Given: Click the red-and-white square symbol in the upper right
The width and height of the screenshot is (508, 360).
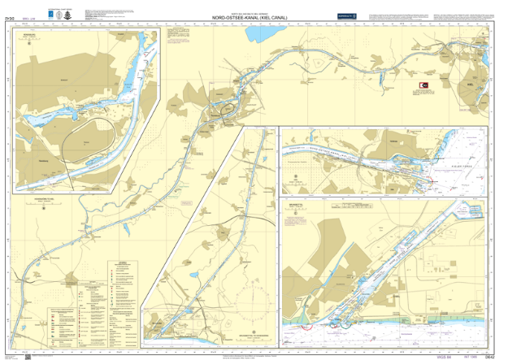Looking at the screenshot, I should pyautogui.click(x=423, y=83).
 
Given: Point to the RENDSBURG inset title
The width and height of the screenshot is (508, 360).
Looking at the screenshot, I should pyautogui.click(x=29, y=36).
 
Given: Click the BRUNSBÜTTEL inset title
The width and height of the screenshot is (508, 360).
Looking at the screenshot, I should pyautogui.click(x=295, y=206).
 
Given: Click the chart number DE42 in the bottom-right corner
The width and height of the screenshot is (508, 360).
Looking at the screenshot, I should pyautogui.click(x=491, y=355).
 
